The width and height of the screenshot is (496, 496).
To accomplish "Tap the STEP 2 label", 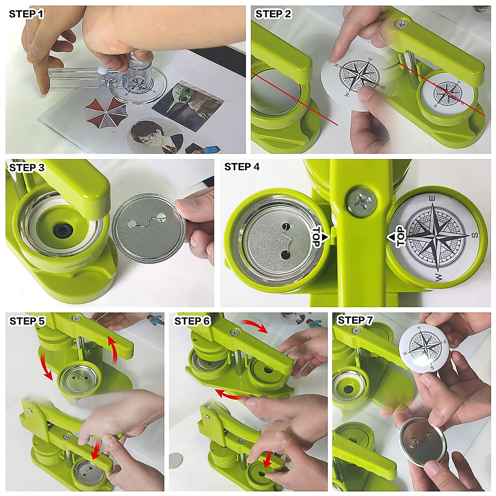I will click(x=273, y=14).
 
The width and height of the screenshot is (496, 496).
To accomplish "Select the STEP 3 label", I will click(x=27, y=168).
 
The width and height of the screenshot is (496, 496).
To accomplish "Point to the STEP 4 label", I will click(x=242, y=167).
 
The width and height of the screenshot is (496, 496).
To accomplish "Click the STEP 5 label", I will click(x=27, y=321).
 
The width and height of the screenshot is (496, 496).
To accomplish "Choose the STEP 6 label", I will click(x=192, y=321).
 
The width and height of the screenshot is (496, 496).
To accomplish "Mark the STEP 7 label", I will click(x=355, y=320).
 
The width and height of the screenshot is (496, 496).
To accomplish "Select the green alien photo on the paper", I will click(x=188, y=99).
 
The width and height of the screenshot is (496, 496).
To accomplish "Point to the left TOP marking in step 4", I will click(x=317, y=237).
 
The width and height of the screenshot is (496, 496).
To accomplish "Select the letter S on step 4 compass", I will click(x=475, y=235).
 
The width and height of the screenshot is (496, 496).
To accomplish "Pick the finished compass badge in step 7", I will click(x=424, y=347).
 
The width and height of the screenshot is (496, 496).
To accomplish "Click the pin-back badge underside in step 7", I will click(x=422, y=441).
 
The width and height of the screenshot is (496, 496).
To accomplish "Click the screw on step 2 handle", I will click(x=400, y=25).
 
